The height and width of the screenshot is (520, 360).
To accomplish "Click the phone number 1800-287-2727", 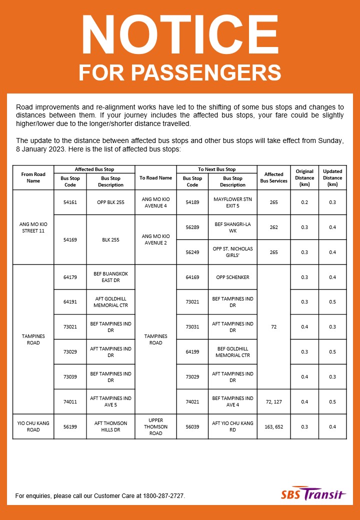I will click(163, 496).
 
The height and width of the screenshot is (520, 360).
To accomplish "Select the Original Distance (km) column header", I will click(304, 177).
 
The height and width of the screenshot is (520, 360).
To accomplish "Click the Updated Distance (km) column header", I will click(332, 177).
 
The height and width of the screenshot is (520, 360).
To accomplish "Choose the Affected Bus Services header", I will click(273, 177).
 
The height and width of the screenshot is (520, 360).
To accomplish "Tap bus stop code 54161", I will click(70, 202).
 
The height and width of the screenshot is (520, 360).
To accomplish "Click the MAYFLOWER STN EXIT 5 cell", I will click(232, 202).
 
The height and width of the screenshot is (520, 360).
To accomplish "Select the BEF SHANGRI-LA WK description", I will click(232, 227).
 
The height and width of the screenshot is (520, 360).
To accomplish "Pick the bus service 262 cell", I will click(273, 227).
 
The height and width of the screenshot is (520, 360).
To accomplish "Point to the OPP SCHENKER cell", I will click(232, 277).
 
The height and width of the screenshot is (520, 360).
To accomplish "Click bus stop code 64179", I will click(70, 277).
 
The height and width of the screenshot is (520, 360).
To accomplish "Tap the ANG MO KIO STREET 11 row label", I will click(33, 227).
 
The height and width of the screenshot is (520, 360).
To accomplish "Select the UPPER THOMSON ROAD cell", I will click(155, 426).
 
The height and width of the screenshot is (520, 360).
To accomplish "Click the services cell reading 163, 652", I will click(273, 426).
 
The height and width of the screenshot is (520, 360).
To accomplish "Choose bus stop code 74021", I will click(192, 401).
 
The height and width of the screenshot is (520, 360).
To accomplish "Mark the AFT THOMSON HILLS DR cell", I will click(110, 426).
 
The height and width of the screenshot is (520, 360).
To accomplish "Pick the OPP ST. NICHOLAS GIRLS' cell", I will click(232, 252).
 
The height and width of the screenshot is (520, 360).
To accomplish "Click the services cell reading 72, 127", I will click(273, 401).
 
